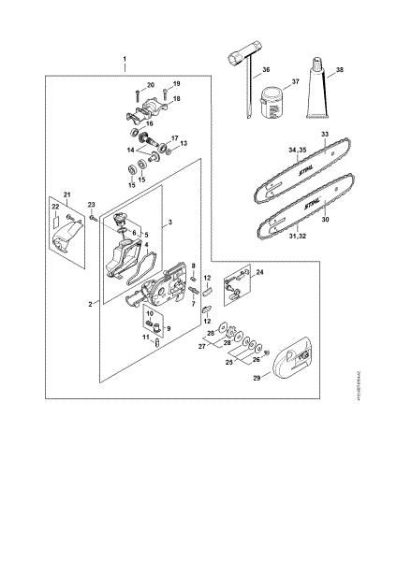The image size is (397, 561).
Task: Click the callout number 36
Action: [266, 71]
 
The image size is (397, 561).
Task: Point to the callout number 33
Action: [325, 135]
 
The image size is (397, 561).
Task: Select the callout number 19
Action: [176, 84]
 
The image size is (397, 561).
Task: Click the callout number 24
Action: [259, 272]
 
